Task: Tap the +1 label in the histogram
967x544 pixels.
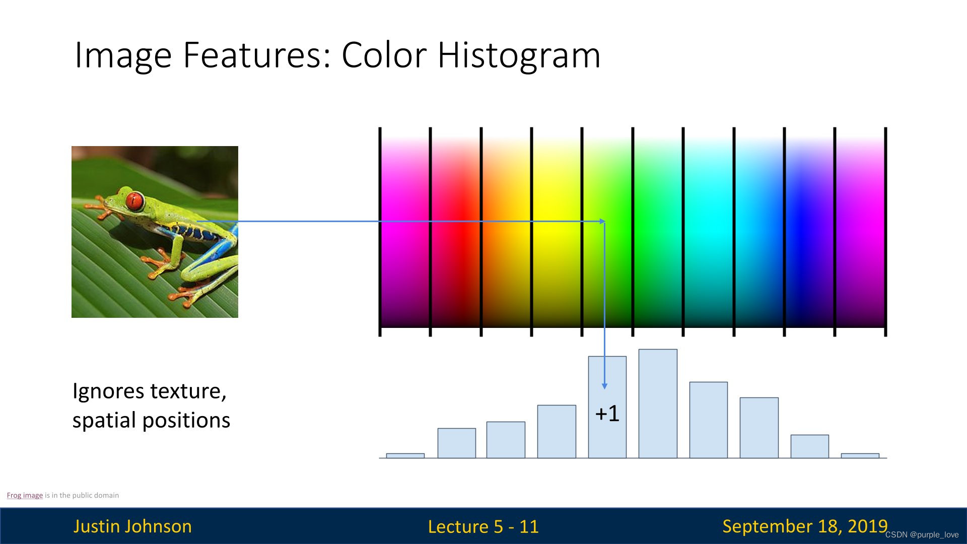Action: (x=607, y=414)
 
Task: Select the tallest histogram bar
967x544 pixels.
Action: (x=658, y=403)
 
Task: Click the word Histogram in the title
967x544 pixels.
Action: (x=519, y=55)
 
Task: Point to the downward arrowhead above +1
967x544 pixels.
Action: (x=604, y=385)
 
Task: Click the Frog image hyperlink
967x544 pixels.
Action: (x=25, y=495)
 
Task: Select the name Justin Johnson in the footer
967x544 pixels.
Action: (x=132, y=526)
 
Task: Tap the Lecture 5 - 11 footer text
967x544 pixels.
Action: (x=483, y=527)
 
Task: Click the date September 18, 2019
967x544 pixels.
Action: (x=804, y=526)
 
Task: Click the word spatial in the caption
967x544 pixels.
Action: (x=104, y=421)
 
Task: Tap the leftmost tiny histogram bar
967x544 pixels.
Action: (x=405, y=455)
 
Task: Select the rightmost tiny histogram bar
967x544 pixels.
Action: (x=860, y=455)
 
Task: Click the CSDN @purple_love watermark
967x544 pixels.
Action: (x=922, y=535)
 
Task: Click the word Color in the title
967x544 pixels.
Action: (x=384, y=55)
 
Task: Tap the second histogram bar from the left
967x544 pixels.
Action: (x=456, y=443)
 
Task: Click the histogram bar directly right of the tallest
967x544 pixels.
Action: (x=708, y=420)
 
